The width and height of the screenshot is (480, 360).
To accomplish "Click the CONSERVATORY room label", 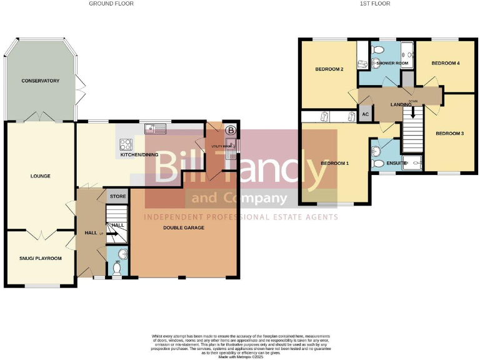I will tap(40, 81).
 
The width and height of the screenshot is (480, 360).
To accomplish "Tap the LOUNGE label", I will tap(39, 176).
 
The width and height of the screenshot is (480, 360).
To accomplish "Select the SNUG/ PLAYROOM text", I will tap(41, 257).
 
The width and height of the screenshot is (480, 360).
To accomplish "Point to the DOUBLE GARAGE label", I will tap(184, 227).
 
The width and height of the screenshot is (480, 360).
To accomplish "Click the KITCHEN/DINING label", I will tap(139, 154).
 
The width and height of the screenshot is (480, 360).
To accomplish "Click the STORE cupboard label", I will tap(118, 196).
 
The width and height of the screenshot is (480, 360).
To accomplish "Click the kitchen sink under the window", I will tap(154, 129).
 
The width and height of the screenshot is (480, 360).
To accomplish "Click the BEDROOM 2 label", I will tap(329, 69).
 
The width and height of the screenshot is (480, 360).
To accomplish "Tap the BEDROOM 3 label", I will tap(449, 134).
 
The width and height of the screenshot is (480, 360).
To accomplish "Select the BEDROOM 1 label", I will tap(334, 163).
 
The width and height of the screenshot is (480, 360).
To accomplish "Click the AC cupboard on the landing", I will tap(364, 115).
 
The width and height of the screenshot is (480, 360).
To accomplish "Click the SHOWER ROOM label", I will tap(392, 63).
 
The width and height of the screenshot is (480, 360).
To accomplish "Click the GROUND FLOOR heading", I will tap(111, 4).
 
